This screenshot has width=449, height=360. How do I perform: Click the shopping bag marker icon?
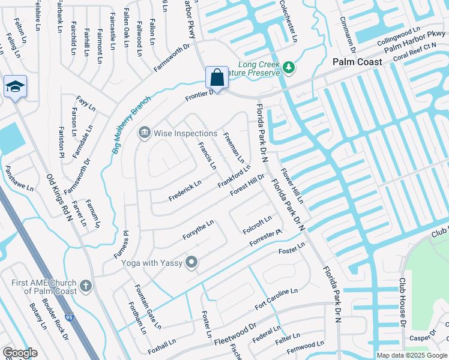217,77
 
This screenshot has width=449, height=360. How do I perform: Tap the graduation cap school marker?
15,87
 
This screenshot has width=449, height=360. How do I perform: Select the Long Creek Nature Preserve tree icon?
289,67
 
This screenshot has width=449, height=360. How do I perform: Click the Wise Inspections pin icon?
144,133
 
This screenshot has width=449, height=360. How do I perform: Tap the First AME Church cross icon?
86,286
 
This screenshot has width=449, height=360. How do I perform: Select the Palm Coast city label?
357,62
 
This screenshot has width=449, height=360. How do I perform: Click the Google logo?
20,353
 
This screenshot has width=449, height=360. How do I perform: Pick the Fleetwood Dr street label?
235,335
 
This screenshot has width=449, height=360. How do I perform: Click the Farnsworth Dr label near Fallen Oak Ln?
171,57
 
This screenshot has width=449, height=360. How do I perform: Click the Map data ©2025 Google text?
411,355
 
